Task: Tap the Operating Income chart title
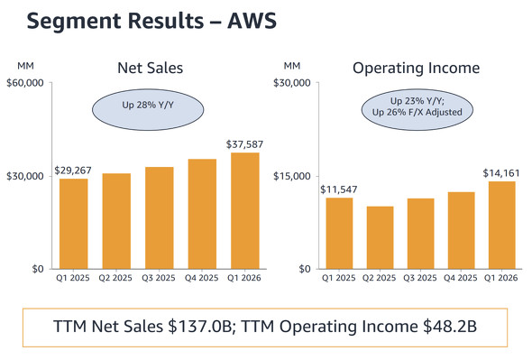click(416, 68)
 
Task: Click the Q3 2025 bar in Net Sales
click(160, 217)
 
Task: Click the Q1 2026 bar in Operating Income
click(501, 225)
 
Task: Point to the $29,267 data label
click(73, 169)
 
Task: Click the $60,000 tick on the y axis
click(25, 84)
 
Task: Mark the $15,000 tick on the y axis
click(291, 176)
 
